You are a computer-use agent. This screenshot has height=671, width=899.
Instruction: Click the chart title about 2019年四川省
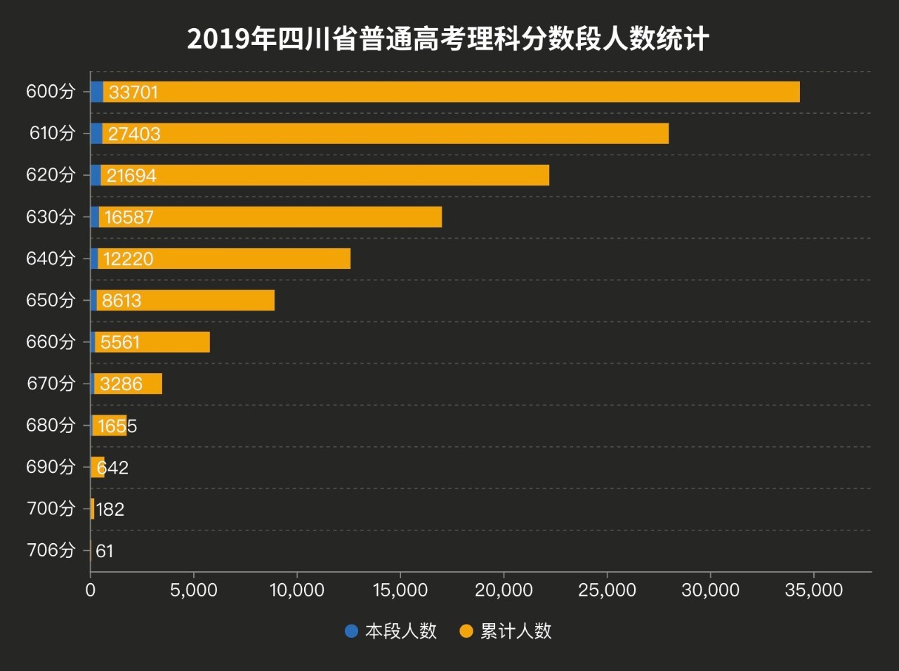(x=448, y=39)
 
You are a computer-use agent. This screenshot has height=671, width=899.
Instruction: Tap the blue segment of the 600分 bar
(x=97, y=92)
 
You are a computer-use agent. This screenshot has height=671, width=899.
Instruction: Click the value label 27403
(x=134, y=133)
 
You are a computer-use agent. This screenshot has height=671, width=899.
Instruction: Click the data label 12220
(x=128, y=259)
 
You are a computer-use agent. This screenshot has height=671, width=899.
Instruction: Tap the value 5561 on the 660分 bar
(x=120, y=342)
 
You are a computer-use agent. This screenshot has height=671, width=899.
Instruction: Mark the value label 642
(x=112, y=467)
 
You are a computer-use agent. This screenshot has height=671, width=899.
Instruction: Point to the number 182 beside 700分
(x=110, y=509)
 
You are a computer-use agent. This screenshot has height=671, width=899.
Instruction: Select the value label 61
(x=105, y=551)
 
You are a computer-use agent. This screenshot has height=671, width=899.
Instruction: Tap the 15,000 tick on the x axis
(x=400, y=590)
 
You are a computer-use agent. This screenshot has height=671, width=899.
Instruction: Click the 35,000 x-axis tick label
(x=813, y=590)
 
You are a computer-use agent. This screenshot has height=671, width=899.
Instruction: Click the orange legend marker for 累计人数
(x=466, y=631)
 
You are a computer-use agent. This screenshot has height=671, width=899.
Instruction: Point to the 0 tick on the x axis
(x=91, y=590)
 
